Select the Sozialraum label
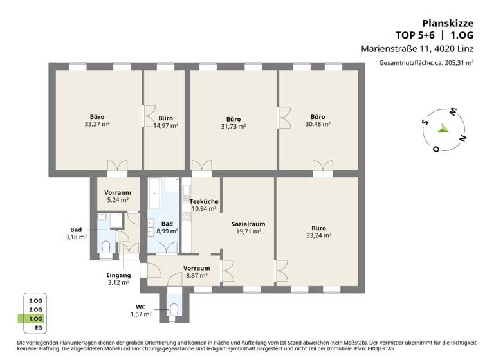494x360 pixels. [x=248, y=224]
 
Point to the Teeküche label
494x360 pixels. [x=205, y=201]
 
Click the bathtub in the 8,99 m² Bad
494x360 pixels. [x=155, y=194]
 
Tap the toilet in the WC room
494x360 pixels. [x=174, y=310]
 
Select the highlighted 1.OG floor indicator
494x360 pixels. [x=35, y=319]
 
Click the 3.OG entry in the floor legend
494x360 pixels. [x=35, y=300]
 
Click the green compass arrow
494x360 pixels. [x=442, y=128]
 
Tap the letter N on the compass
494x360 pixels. [x=462, y=138]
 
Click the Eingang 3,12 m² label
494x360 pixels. [x=118, y=278]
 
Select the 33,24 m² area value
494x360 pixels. [x=318, y=235]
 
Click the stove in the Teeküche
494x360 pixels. [x=187, y=190]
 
